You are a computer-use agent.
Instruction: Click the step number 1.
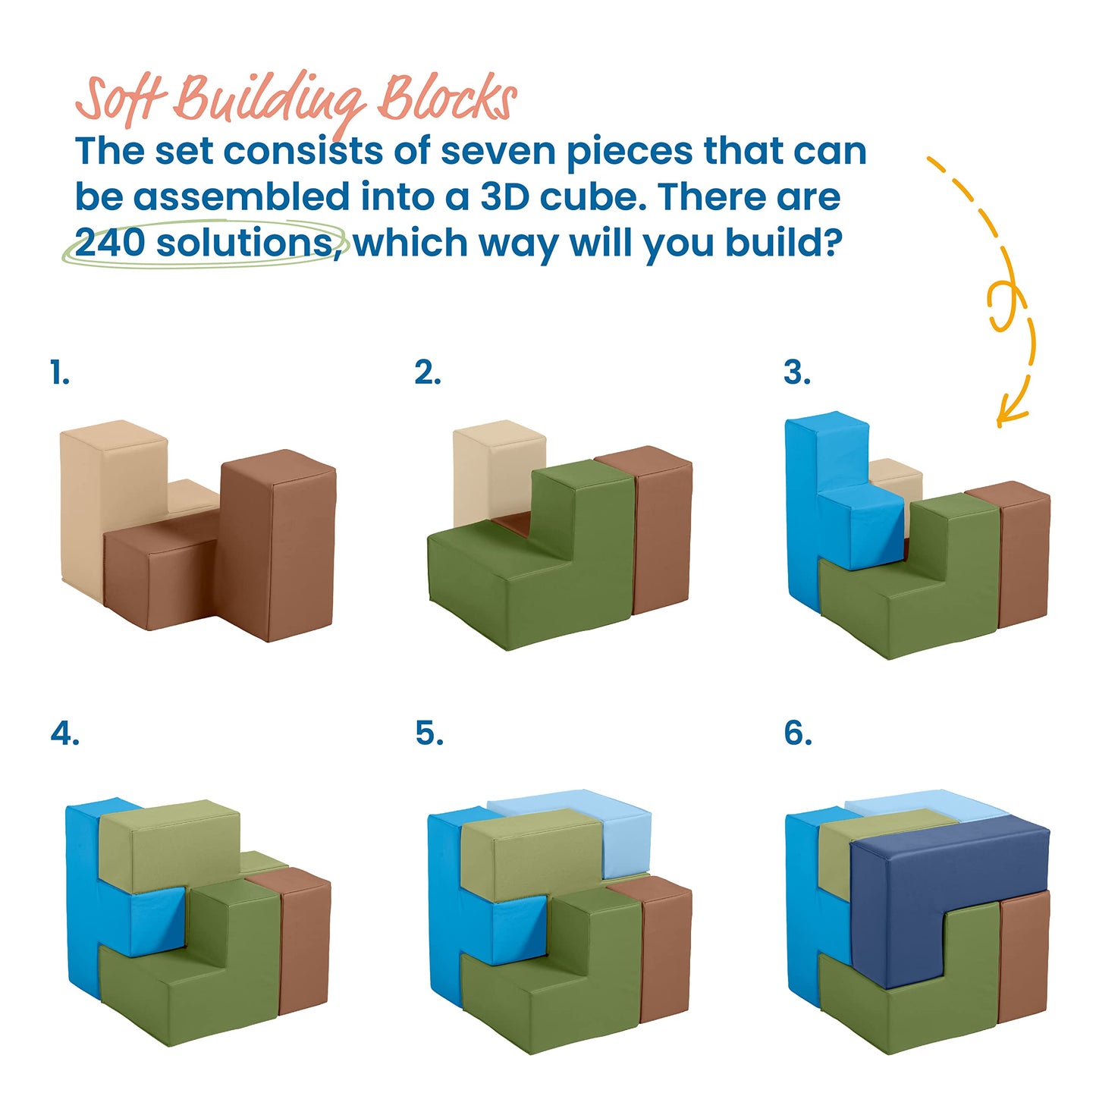point(60,373)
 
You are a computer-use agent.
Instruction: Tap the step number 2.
point(428,373)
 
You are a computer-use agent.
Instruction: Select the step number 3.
point(797,373)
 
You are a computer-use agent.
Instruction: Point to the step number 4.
point(64,733)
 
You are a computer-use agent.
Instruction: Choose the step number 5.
point(429,733)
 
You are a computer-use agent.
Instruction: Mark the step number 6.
point(798,733)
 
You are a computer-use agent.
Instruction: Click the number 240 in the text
point(110,243)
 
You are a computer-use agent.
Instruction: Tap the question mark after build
point(832,243)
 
